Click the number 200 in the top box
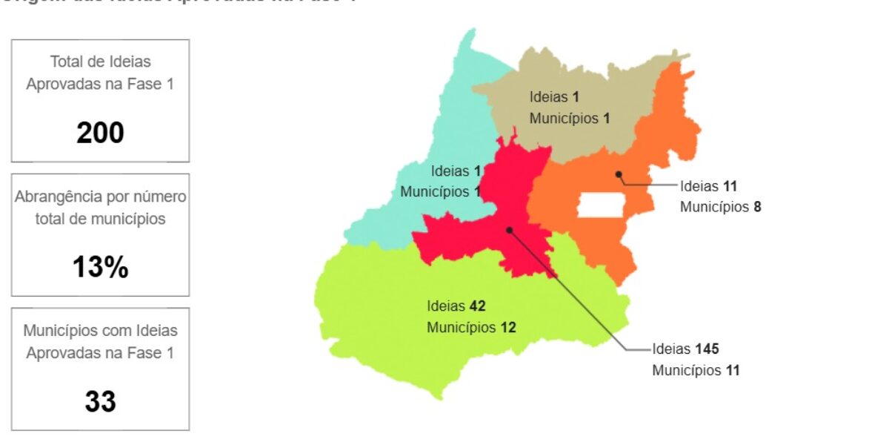click(100, 133)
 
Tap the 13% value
click(100, 268)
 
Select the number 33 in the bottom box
click(100, 401)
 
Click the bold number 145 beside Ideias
click(707, 349)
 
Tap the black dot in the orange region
click(618, 174)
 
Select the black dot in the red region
click(509, 230)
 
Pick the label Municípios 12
click(470, 327)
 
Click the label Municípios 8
click(720, 207)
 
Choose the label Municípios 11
click(695, 370)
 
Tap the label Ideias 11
click(708, 186)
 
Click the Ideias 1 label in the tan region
click(553, 96)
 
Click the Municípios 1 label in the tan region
click(569, 118)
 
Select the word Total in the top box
click(64, 62)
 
